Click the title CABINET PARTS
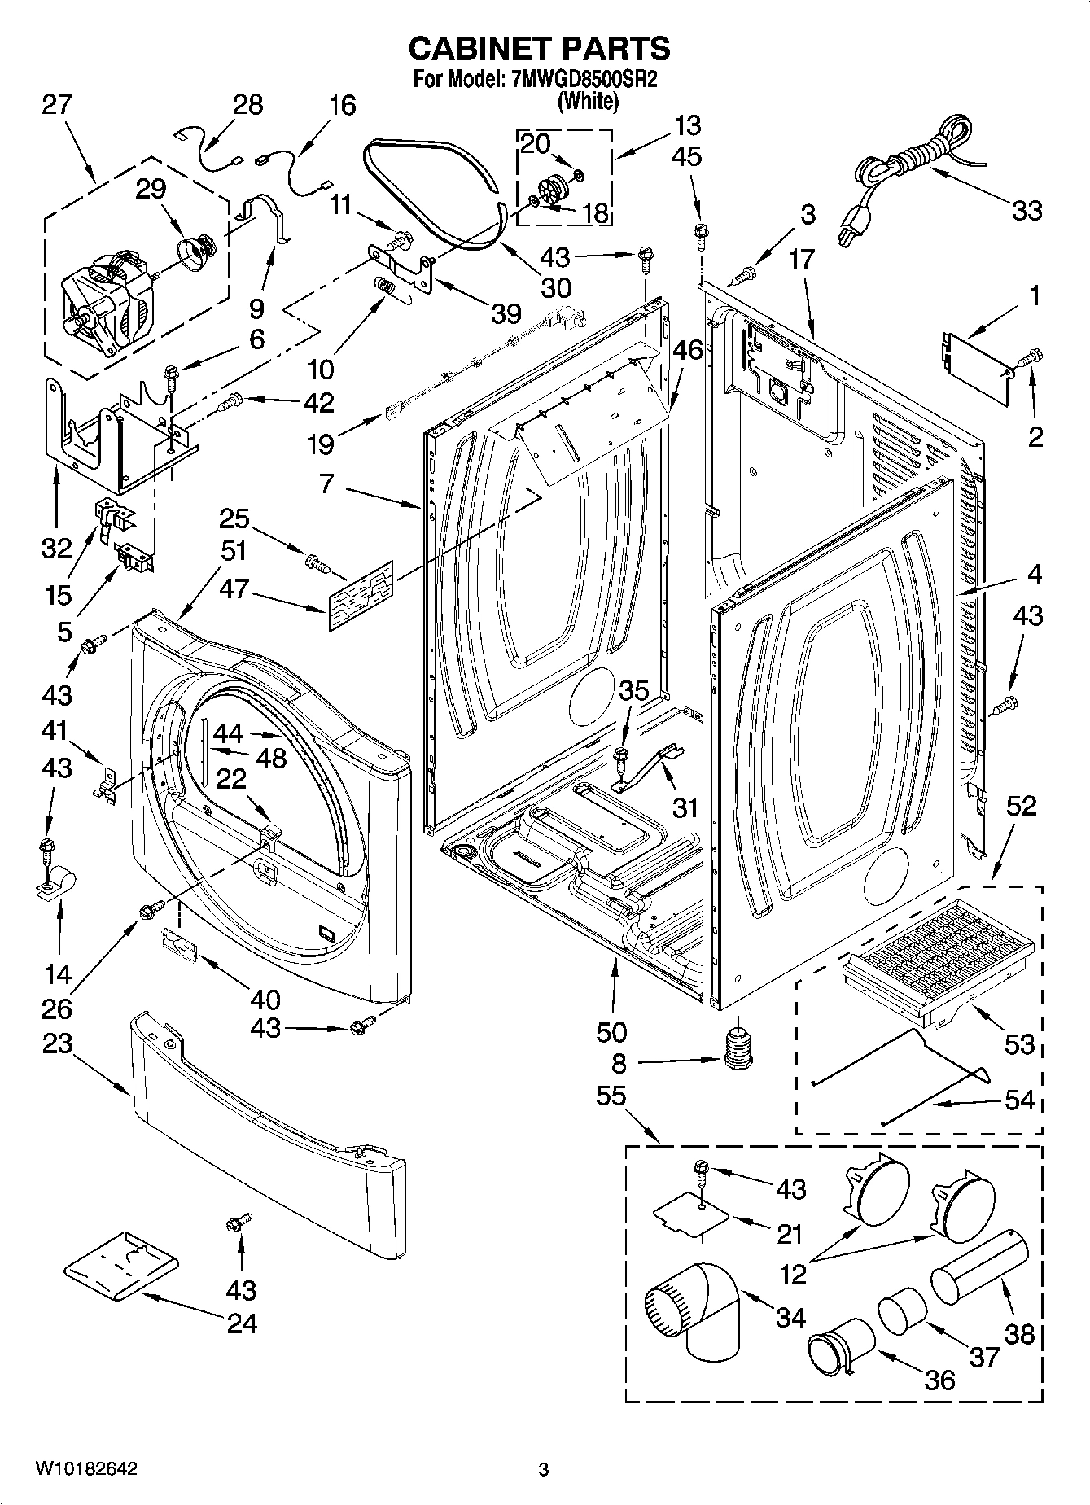click(x=539, y=49)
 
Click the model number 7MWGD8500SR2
click(x=583, y=81)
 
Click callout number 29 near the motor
click(x=151, y=189)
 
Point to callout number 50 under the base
click(x=611, y=1031)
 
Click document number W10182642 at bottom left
click(x=85, y=1468)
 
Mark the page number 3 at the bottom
click(x=543, y=1469)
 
